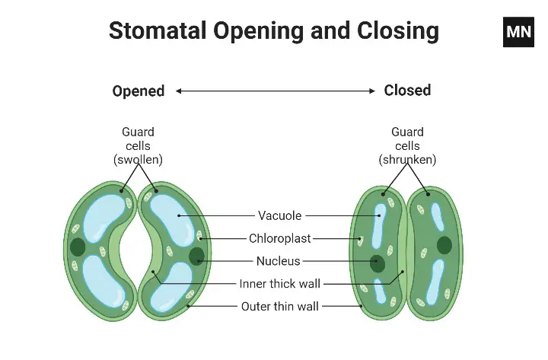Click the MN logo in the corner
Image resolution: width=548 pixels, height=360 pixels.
pyautogui.click(x=518, y=32)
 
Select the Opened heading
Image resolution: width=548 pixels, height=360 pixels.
pyautogui.click(x=139, y=91)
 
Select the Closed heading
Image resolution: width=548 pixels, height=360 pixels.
pyautogui.click(x=407, y=91)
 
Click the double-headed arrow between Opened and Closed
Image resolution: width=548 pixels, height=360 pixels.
pyautogui.click(x=275, y=91)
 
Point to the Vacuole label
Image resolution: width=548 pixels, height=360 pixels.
pyautogui.click(x=280, y=216)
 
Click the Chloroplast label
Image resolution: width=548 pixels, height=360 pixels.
pyautogui.click(x=280, y=238)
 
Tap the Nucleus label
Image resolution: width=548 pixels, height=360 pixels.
pyautogui.click(x=278, y=261)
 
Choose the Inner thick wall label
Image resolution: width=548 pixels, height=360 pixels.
pyautogui.click(x=280, y=284)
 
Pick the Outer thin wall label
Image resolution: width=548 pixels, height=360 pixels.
pyautogui.click(x=280, y=307)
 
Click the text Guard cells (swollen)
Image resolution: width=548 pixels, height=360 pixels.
pyautogui.click(x=138, y=145)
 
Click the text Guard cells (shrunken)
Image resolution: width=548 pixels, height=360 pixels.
pyautogui.click(x=407, y=145)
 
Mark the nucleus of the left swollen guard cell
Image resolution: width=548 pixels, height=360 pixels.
pyautogui.click(x=78, y=247)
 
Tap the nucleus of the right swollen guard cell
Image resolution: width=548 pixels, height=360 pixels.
pyautogui.click(x=196, y=255)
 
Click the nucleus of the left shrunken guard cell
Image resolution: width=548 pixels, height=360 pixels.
pyautogui.click(x=377, y=263)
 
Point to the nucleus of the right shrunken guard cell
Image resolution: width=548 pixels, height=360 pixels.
pyautogui.click(x=444, y=244)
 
